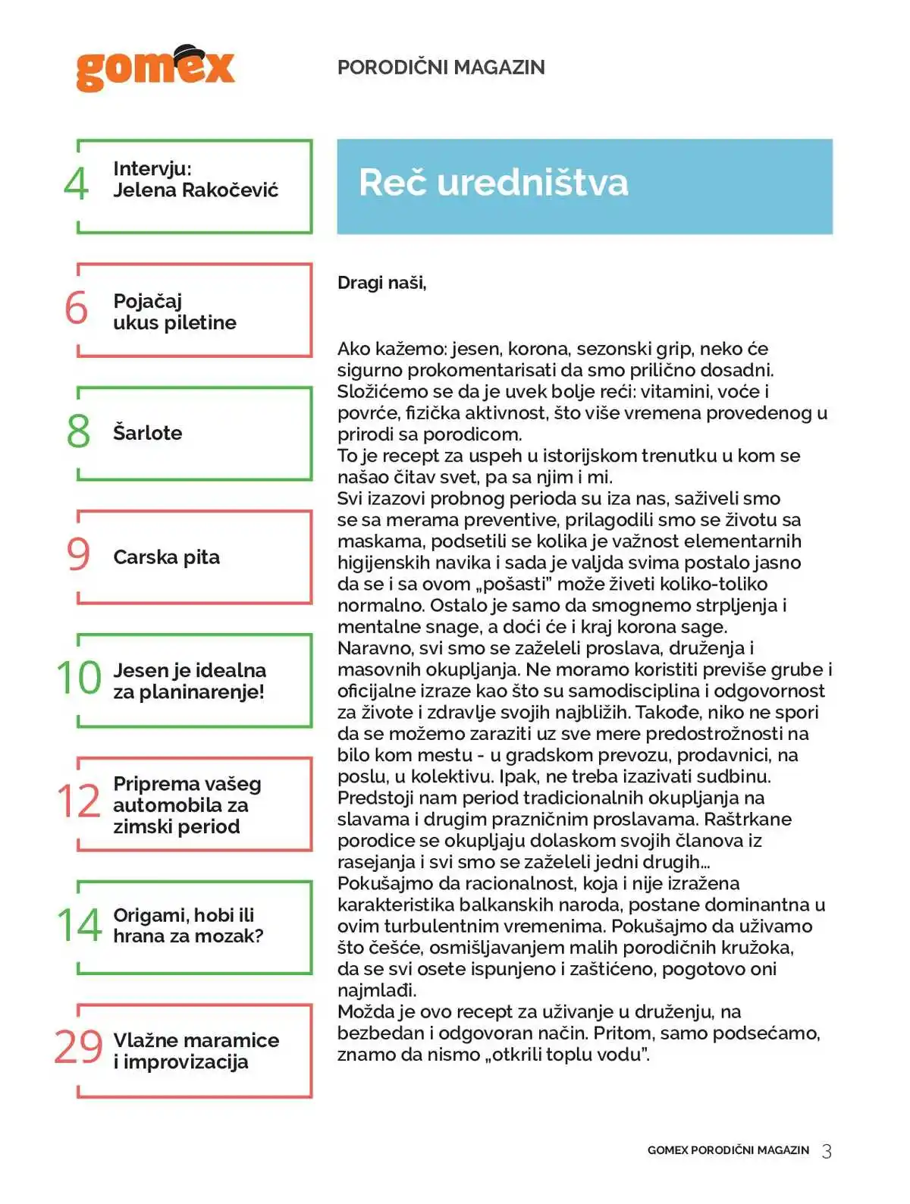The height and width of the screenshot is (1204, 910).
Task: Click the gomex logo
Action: pyautogui.click(x=155, y=69)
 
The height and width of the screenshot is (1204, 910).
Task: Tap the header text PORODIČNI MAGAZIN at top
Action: pyautogui.click(x=441, y=67)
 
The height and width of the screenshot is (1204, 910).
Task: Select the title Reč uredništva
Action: pyautogui.click(x=493, y=183)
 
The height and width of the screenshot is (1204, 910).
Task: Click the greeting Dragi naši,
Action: pyautogui.click(x=381, y=283)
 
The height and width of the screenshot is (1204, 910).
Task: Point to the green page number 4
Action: pyautogui.click(x=77, y=184)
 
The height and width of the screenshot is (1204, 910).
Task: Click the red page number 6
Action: pyautogui.click(x=77, y=308)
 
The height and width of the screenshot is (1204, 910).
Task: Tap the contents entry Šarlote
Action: pyautogui.click(x=147, y=433)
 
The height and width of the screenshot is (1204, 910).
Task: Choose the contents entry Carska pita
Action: pyautogui.click(x=166, y=557)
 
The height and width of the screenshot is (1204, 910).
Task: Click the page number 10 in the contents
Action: pyautogui.click(x=79, y=678)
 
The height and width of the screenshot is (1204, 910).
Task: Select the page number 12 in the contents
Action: pyautogui.click(x=79, y=801)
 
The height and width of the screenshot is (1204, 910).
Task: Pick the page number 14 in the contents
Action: pyautogui.click(x=79, y=925)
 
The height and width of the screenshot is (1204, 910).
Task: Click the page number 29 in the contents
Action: pyautogui.click(x=78, y=1047)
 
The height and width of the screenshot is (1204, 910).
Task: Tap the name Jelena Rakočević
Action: pyautogui.click(x=196, y=190)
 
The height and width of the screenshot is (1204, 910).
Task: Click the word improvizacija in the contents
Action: pyautogui.click(x=185, y=1062)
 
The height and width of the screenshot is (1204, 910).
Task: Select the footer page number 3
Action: pyautogui.click(x=827, y=1151)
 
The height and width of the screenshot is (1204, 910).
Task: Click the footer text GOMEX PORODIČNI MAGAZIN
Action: pyautogui.click(x=728, y=1150)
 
